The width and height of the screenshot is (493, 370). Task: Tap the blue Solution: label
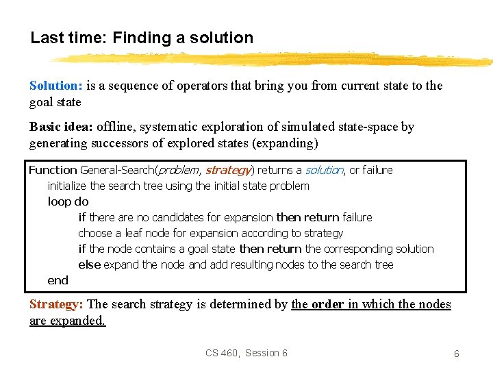click(56, 86)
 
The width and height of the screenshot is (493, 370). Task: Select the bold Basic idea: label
click(62, 127)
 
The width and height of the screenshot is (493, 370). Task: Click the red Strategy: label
click(57, 304)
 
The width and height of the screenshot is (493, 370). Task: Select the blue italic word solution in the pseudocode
click(324, 170)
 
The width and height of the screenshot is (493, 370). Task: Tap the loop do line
click(68, 201)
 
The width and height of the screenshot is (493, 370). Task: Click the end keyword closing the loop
click(58, 280)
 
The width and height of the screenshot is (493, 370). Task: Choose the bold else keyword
click(89, 264)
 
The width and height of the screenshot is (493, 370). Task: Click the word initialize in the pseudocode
click(67, 186)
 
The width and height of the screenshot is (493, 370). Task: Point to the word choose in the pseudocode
click(94, 233)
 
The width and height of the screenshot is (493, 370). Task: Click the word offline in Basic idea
click(115, 127)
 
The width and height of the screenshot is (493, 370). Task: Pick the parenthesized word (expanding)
click(283, 143)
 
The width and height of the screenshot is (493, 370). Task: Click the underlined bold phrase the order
click(318, 304)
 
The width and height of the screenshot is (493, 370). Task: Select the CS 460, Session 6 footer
click(246, 353)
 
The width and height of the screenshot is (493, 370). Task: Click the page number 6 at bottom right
click(456, 354)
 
